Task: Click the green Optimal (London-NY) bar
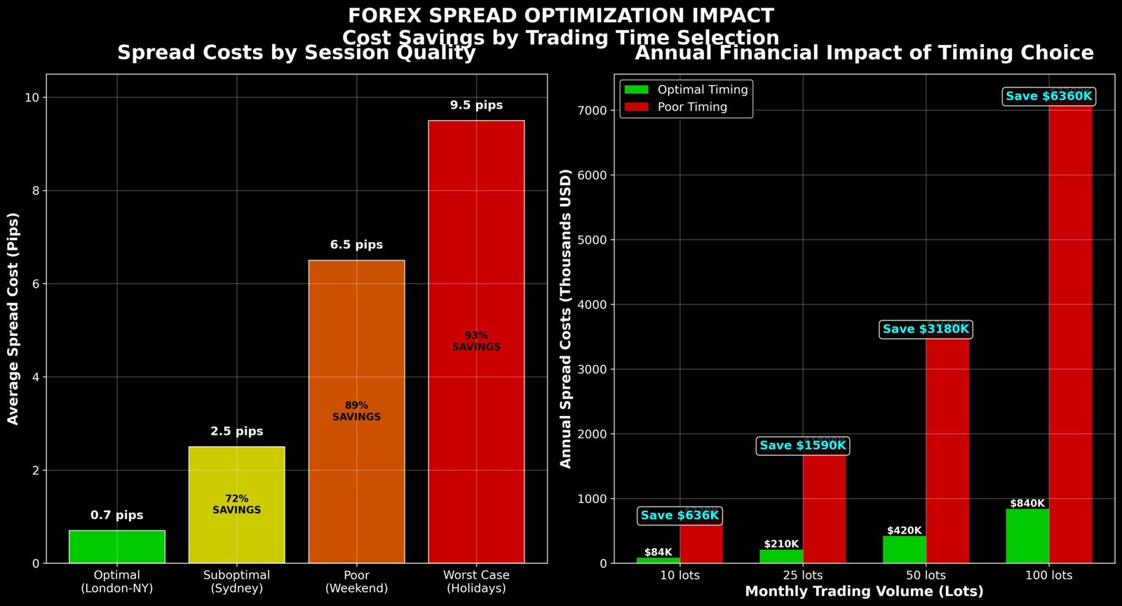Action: click(x=117, y=546)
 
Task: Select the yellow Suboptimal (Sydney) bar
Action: click(x=236, y=477)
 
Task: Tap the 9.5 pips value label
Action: click(x=476, y=105)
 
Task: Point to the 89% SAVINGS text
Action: click(x=356, y=411)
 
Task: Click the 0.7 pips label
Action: click(x=116, y=515)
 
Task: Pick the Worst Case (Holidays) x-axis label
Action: click(x=476, y=581)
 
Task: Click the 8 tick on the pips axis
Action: click(x=34, y=191)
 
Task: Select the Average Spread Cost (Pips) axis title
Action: click(x=13, y=318)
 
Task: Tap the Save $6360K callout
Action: click(x=1048, y=96)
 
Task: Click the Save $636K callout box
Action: click(x=680, y=516)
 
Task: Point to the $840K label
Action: click(x=1027, y=504)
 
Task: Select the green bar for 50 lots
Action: click(x=904, y=549)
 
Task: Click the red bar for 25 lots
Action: click(x=824, y=509)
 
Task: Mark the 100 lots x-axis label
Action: click(x=1048, y=575)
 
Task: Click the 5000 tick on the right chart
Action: click(x=592, y=240)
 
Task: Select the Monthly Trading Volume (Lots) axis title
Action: click(x=864, y=591)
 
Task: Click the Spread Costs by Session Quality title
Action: click(x=296, y=53)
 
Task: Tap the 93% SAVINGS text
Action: click(x=476, y=341)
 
